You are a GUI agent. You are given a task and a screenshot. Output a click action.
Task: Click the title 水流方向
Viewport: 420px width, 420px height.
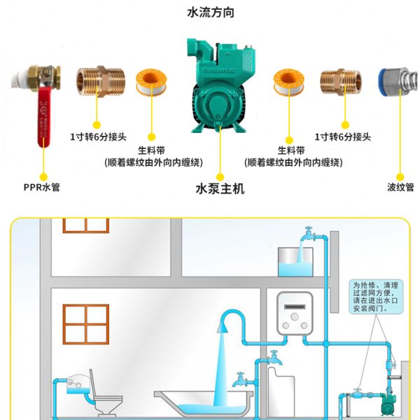coord(210,13)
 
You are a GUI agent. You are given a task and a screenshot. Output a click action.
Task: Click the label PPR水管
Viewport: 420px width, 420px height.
coord(41,188)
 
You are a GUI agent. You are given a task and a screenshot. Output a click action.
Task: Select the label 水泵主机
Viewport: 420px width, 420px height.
coord(219,189)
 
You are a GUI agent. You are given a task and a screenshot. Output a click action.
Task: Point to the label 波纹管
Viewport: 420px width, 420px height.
coord(400,188)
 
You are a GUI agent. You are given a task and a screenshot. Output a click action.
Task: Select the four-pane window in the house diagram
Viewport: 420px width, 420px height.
coord(85,323)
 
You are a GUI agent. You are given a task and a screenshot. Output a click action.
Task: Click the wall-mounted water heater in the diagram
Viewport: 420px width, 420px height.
coord(297,315)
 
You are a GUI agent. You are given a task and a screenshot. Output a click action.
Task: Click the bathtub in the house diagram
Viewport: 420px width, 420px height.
coord(202,404)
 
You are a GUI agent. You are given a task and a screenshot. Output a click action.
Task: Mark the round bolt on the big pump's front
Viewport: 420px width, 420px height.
coord(218,113)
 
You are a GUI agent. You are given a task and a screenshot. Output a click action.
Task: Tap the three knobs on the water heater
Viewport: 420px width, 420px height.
coord(297,325)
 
